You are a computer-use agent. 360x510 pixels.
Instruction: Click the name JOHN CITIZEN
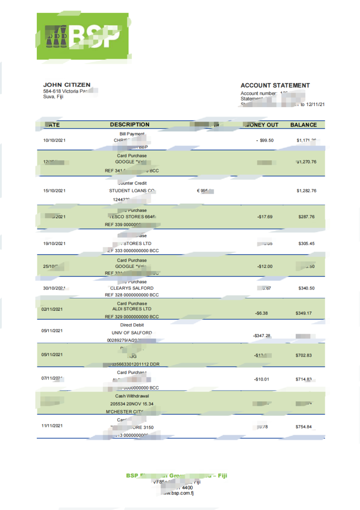coord(67,85)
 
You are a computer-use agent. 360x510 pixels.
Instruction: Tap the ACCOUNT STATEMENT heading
coord(275,85)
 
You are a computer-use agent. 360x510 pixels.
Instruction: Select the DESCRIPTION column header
coord(129,125)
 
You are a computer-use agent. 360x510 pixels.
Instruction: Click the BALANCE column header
coord(303,125)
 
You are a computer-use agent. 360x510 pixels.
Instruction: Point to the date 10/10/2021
coord(54,140)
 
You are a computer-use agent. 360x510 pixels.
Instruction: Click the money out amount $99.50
coord(264,140)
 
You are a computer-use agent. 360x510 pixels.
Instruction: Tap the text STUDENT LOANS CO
coord(132,191)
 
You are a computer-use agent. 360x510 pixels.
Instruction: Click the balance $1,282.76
coord(306,191)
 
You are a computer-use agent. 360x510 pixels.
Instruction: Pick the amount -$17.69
coord(265,217)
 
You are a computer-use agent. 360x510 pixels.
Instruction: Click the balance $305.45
coord(306,244)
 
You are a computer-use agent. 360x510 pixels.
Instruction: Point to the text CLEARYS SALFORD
coord(131,288)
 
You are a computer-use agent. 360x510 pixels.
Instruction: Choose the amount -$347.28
coord(262,336)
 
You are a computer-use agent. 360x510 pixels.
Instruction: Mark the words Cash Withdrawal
coord(131,396)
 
